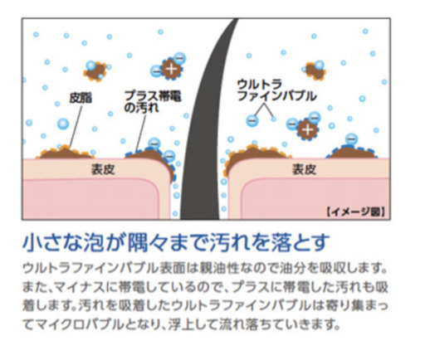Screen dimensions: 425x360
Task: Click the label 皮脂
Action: (x=81, y=98)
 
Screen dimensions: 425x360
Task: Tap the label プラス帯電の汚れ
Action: (x=153, y=101)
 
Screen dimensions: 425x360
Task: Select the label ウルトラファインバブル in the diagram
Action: (x=276, y=90)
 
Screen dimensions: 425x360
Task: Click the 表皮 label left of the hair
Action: (x=103, y=169)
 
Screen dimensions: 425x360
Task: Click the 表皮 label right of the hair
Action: (x=304, y=169)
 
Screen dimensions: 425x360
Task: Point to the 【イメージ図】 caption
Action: (x=356, y=212)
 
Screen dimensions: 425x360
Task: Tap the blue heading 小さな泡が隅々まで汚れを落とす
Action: (x=176, y=242)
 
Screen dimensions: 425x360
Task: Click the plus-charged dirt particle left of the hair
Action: (x=172, y=69)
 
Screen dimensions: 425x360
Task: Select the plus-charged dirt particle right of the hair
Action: (x=307, y=129)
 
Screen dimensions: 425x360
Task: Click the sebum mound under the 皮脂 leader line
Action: (x=66, y=153)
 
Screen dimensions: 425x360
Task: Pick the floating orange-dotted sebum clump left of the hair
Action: (x=95, y=71)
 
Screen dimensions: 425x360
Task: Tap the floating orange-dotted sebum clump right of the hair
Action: (x=315, y=71)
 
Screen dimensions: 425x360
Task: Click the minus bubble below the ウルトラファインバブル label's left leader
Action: (x=252, y=121)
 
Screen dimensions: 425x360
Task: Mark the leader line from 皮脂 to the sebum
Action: (x=76, y=126)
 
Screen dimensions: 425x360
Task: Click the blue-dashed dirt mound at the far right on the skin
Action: (x=352, y=153)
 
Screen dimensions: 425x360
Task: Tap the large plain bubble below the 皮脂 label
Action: (x=63, y=124)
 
